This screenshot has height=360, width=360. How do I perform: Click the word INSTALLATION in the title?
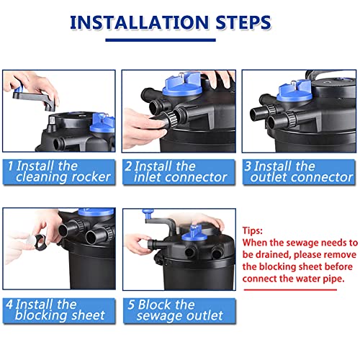coord(139,22)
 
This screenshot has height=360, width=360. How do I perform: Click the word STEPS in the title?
coord(243,22)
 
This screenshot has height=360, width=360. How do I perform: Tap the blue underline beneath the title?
coord(161,40)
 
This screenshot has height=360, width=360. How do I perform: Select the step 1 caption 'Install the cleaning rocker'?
coord(59,171)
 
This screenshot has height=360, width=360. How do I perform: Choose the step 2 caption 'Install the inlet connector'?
coord(176,171)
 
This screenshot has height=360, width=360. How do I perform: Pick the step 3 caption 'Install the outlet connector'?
coord(298,171)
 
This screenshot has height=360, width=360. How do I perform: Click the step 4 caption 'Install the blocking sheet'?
coord(55,310)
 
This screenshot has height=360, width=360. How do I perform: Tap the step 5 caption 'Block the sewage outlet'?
coord(176,310)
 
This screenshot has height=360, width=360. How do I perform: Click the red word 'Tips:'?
coord(253,230)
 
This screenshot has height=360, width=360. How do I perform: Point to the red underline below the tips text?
coord(290,289)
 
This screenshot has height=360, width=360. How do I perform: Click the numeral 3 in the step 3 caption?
coord(248,166)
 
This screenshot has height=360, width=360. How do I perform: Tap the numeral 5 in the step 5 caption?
coord(131,305)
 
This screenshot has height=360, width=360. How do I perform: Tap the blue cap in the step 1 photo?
coord(103,125)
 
